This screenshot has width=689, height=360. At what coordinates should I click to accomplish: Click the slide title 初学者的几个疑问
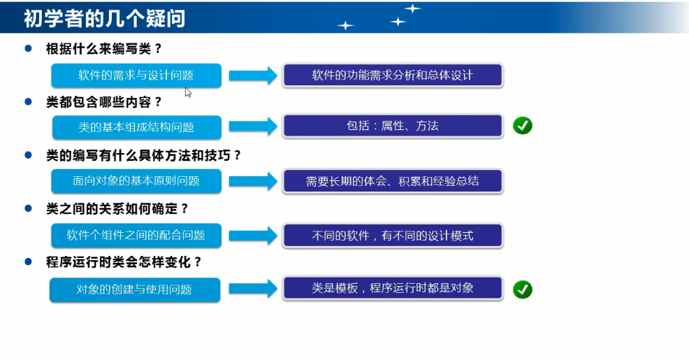(x=105, y=17)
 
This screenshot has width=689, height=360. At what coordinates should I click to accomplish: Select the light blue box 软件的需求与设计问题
(x=136, y=75)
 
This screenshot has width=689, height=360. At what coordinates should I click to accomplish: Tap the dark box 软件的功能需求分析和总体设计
(x=392, y=75)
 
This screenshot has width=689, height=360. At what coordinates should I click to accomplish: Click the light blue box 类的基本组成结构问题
(x=136, y=127)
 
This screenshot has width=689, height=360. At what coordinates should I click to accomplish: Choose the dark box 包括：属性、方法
(x=392, y=126)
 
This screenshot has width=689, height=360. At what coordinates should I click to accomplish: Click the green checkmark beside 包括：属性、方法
(x=523, y=126)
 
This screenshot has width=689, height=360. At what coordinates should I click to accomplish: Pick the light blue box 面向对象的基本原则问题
(x=136, y=181)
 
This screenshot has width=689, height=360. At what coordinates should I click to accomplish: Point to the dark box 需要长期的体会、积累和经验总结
(x=392, y=181)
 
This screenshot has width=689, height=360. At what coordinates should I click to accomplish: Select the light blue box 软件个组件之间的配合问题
(x=136, y=235)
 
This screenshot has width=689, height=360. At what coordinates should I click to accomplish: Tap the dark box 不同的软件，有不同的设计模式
(x=392, y=235)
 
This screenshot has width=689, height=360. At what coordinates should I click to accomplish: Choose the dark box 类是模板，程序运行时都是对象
(x=392, y=287)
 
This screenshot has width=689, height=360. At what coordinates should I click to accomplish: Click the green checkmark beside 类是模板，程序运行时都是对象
(x=523, y=289)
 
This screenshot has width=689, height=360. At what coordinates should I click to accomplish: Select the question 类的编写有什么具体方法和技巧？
(x=144, y=155)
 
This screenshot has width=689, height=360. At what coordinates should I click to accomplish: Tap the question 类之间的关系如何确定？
(x=117, y=208)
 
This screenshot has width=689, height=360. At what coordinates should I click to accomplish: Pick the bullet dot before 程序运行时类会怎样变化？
(x=29, y=261)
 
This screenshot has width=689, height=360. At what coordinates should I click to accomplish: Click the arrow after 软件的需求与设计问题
(x=252, y=76)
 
